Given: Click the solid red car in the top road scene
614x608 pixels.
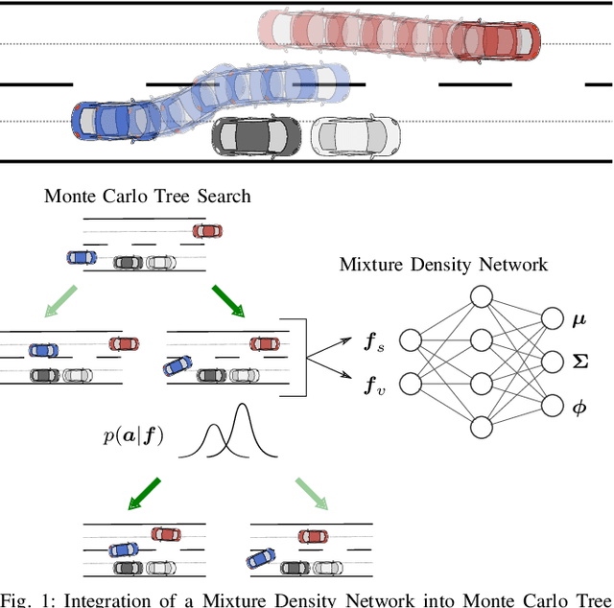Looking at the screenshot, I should (x=494, y=41).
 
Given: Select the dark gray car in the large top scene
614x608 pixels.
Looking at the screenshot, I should (x=254, y=137).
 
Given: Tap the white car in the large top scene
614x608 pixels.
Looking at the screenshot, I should (x=355, y=137).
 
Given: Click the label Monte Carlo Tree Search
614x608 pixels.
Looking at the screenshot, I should (x=147, y=196).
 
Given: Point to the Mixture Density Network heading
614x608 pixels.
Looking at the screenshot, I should (x=443, y=264).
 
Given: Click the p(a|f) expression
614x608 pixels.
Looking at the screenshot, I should (x=133, y=436).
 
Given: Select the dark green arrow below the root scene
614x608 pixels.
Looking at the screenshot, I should (x=228, y=299).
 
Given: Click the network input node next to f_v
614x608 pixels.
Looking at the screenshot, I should (x=411, y=385).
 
